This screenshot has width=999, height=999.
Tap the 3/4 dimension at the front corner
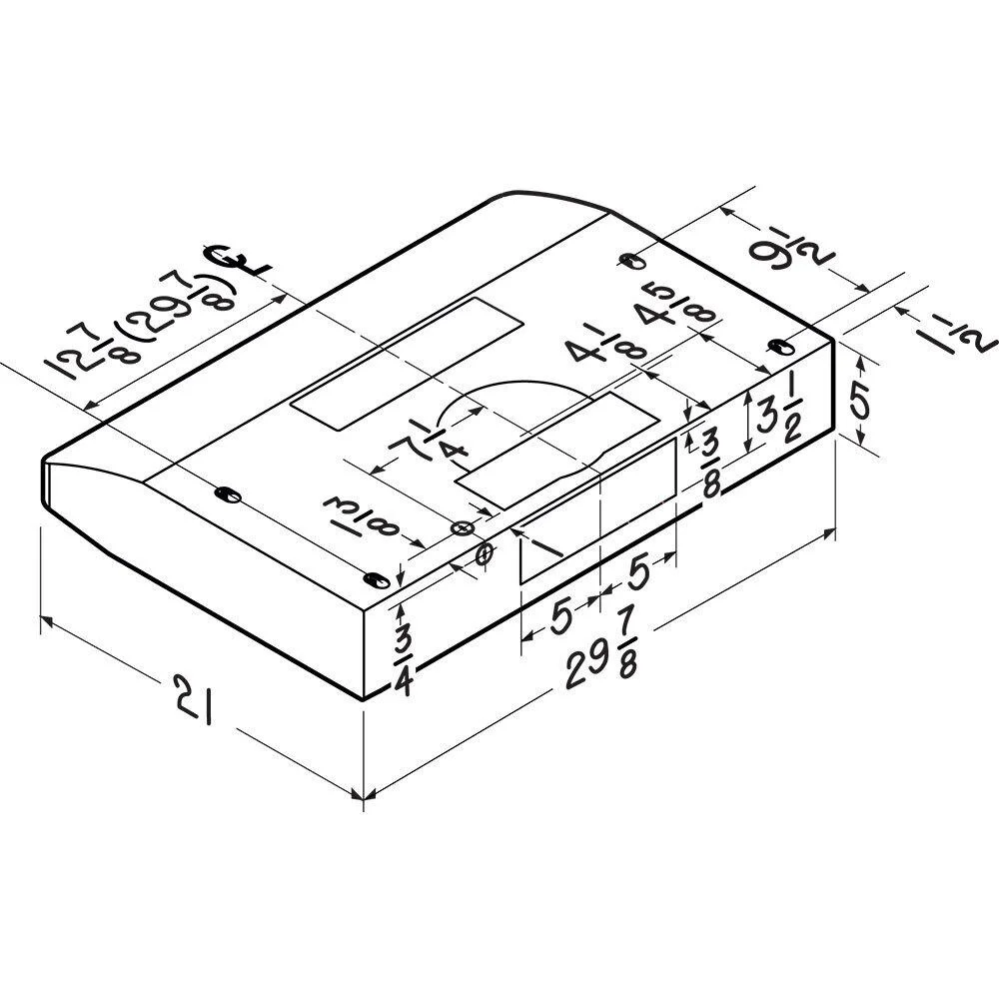click(404, 661)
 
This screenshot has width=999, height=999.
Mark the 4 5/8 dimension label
click(675, 310)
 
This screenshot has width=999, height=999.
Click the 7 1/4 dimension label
click(430, 442)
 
